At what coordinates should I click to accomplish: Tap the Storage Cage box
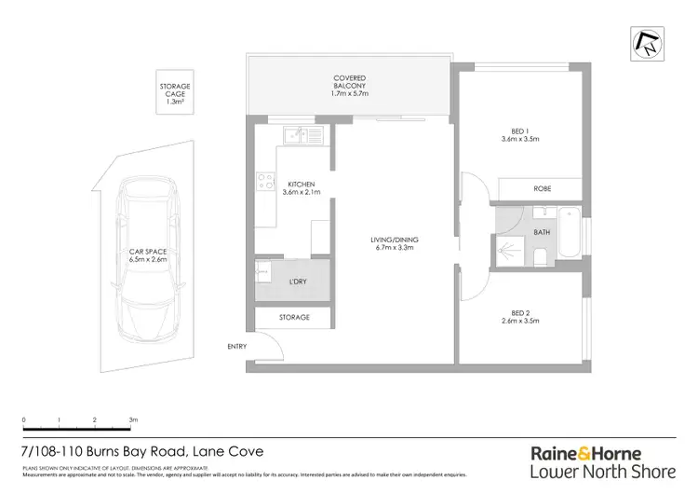point(174,93)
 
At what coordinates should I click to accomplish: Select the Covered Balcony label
point(349,84)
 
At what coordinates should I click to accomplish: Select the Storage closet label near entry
point(294,318)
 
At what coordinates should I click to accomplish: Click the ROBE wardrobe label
point(542,189)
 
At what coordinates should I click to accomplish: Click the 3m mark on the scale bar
point(133,421)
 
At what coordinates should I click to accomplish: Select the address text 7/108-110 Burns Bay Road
point(112,451)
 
